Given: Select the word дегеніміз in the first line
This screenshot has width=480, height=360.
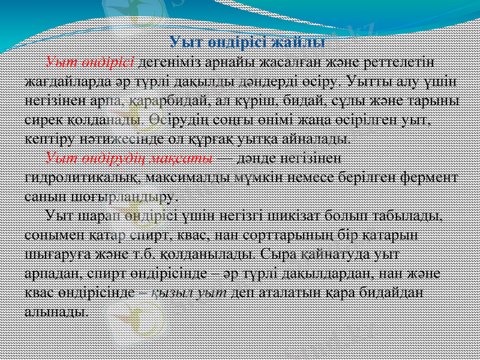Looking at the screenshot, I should tap(168, 62).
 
